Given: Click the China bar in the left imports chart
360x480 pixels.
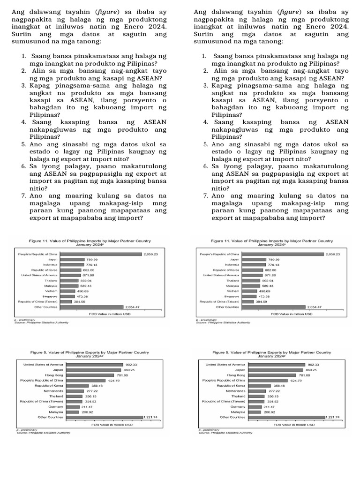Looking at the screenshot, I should coord(101,254).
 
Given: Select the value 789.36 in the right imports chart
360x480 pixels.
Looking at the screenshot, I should coord(274,259).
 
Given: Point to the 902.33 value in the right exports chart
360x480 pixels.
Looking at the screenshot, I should coord(313,364).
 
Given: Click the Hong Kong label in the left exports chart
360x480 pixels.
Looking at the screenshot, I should coord(54,375).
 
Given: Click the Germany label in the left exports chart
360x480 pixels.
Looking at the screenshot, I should coord(56,406).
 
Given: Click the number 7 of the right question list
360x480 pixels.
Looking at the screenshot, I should coord(206,195).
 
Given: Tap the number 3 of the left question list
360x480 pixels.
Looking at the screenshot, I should coord(23,86).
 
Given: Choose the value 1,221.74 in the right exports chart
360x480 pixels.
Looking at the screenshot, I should coord(332,417).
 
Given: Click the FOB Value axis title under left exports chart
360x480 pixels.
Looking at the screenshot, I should coord(111,425).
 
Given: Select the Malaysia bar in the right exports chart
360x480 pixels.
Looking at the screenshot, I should coord(255,412).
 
